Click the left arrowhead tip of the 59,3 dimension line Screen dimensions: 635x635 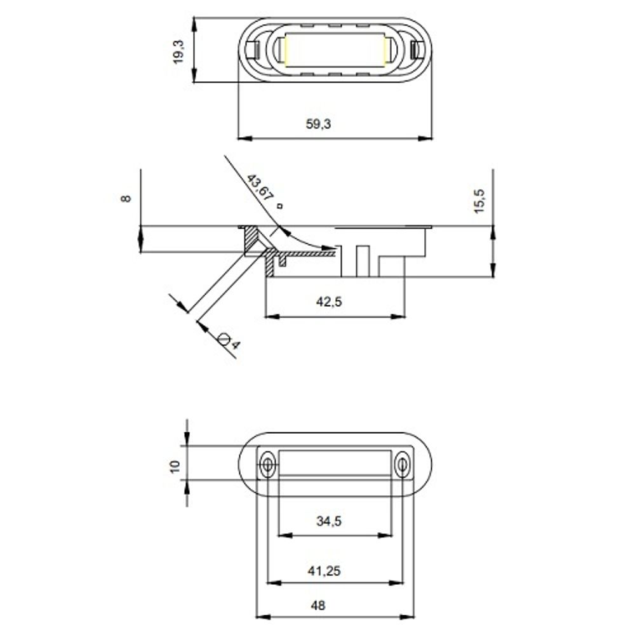[x=237, y=138]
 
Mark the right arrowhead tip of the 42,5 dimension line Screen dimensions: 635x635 [x=405, y=316]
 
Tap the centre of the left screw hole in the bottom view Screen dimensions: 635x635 [x=267, y=465]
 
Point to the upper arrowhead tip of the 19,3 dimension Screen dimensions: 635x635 [x=194, y=17]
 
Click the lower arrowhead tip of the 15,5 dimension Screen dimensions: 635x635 [x=493, y=277]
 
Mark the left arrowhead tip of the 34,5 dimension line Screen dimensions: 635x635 [x=278, y=535]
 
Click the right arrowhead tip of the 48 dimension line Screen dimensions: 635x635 [x=414, y=617]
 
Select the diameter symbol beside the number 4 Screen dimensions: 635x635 [x=223, y=338]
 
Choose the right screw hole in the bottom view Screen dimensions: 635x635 [x=402, y=465]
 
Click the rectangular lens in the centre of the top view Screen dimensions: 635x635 [x=335, y=50]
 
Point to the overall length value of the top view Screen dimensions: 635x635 [x=318, y=124]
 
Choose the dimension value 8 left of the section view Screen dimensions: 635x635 [x=126, y=198]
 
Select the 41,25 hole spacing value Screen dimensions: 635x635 [x=324, y=571]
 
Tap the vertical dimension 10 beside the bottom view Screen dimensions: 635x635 [x=175, y=466]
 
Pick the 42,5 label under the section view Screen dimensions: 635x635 [x=329, y=302]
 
